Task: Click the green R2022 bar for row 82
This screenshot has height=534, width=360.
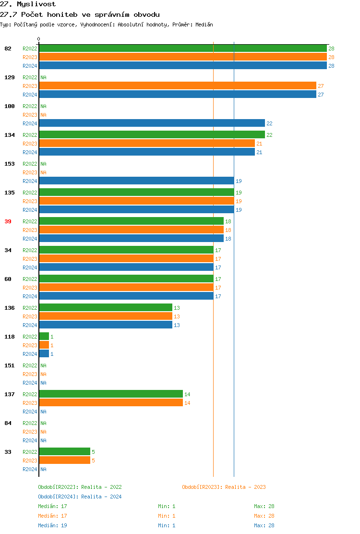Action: click(x=182, y=48)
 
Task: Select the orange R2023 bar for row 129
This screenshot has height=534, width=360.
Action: click(x=178, y=85)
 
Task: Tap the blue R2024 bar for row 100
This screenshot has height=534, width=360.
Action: click(x=152, y=123)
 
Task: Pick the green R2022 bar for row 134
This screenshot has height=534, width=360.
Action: click(x=152, y=134)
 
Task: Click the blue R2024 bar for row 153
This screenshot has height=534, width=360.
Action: click(x=136, y=181)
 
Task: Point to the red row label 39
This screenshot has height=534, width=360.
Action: click(x=8, y=221)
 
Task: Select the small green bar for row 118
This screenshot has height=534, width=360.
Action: click(x=44, y=336)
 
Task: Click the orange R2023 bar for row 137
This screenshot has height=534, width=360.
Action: click(x=111, y=402)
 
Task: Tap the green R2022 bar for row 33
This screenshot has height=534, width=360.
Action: click(x=64, y=451)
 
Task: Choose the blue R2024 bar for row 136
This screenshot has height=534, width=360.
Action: click(x=106, y=325)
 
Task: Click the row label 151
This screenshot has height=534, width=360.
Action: click(x=10, y=365)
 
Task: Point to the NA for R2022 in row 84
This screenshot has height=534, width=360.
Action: click(x=43, y=423)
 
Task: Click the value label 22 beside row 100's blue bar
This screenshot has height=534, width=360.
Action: click(x=269, y=123)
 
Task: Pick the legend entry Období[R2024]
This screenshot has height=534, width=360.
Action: click(x=59, y=497)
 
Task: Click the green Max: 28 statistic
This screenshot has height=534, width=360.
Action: click(x=264, y=506)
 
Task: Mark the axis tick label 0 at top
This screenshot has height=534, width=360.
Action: click(x=39, y=39)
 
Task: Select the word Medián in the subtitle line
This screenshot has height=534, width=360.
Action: click(x=204, y=24)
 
